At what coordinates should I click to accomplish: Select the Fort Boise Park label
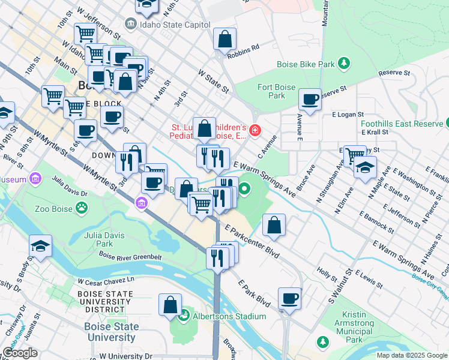click(276, 91)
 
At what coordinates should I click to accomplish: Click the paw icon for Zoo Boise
click(80, 208)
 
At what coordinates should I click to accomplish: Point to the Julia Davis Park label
click(99, 239)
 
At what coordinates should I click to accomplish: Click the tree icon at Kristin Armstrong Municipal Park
click(323, 342)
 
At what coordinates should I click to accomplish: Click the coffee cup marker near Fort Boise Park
click(310, 100)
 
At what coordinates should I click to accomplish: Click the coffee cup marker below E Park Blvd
click(289, 298)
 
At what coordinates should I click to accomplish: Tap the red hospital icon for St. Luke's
click(255, 130)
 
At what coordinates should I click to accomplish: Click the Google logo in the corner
click(20, 353)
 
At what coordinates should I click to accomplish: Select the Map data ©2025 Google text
click(411, 355)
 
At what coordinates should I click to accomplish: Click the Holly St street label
click(328, 275)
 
